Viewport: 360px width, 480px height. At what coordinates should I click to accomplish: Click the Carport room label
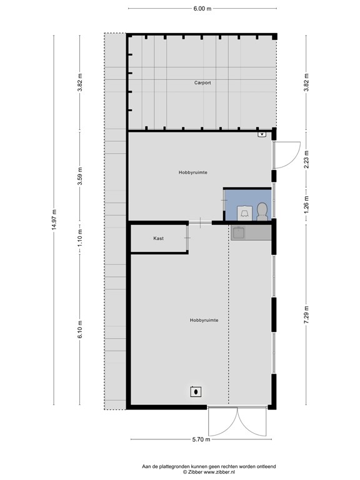pos(202,82)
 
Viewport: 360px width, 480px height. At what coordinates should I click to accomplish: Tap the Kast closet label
pos(158,238)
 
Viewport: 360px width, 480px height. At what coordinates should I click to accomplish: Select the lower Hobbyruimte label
pos(204,319)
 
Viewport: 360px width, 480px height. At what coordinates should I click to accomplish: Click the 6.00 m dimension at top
pos(202,8)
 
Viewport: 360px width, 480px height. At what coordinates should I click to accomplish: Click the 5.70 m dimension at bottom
pos(202,440)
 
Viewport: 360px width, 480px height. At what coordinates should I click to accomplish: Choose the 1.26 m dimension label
pos(306,202)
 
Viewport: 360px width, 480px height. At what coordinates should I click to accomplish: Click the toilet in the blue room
pos(262,211)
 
